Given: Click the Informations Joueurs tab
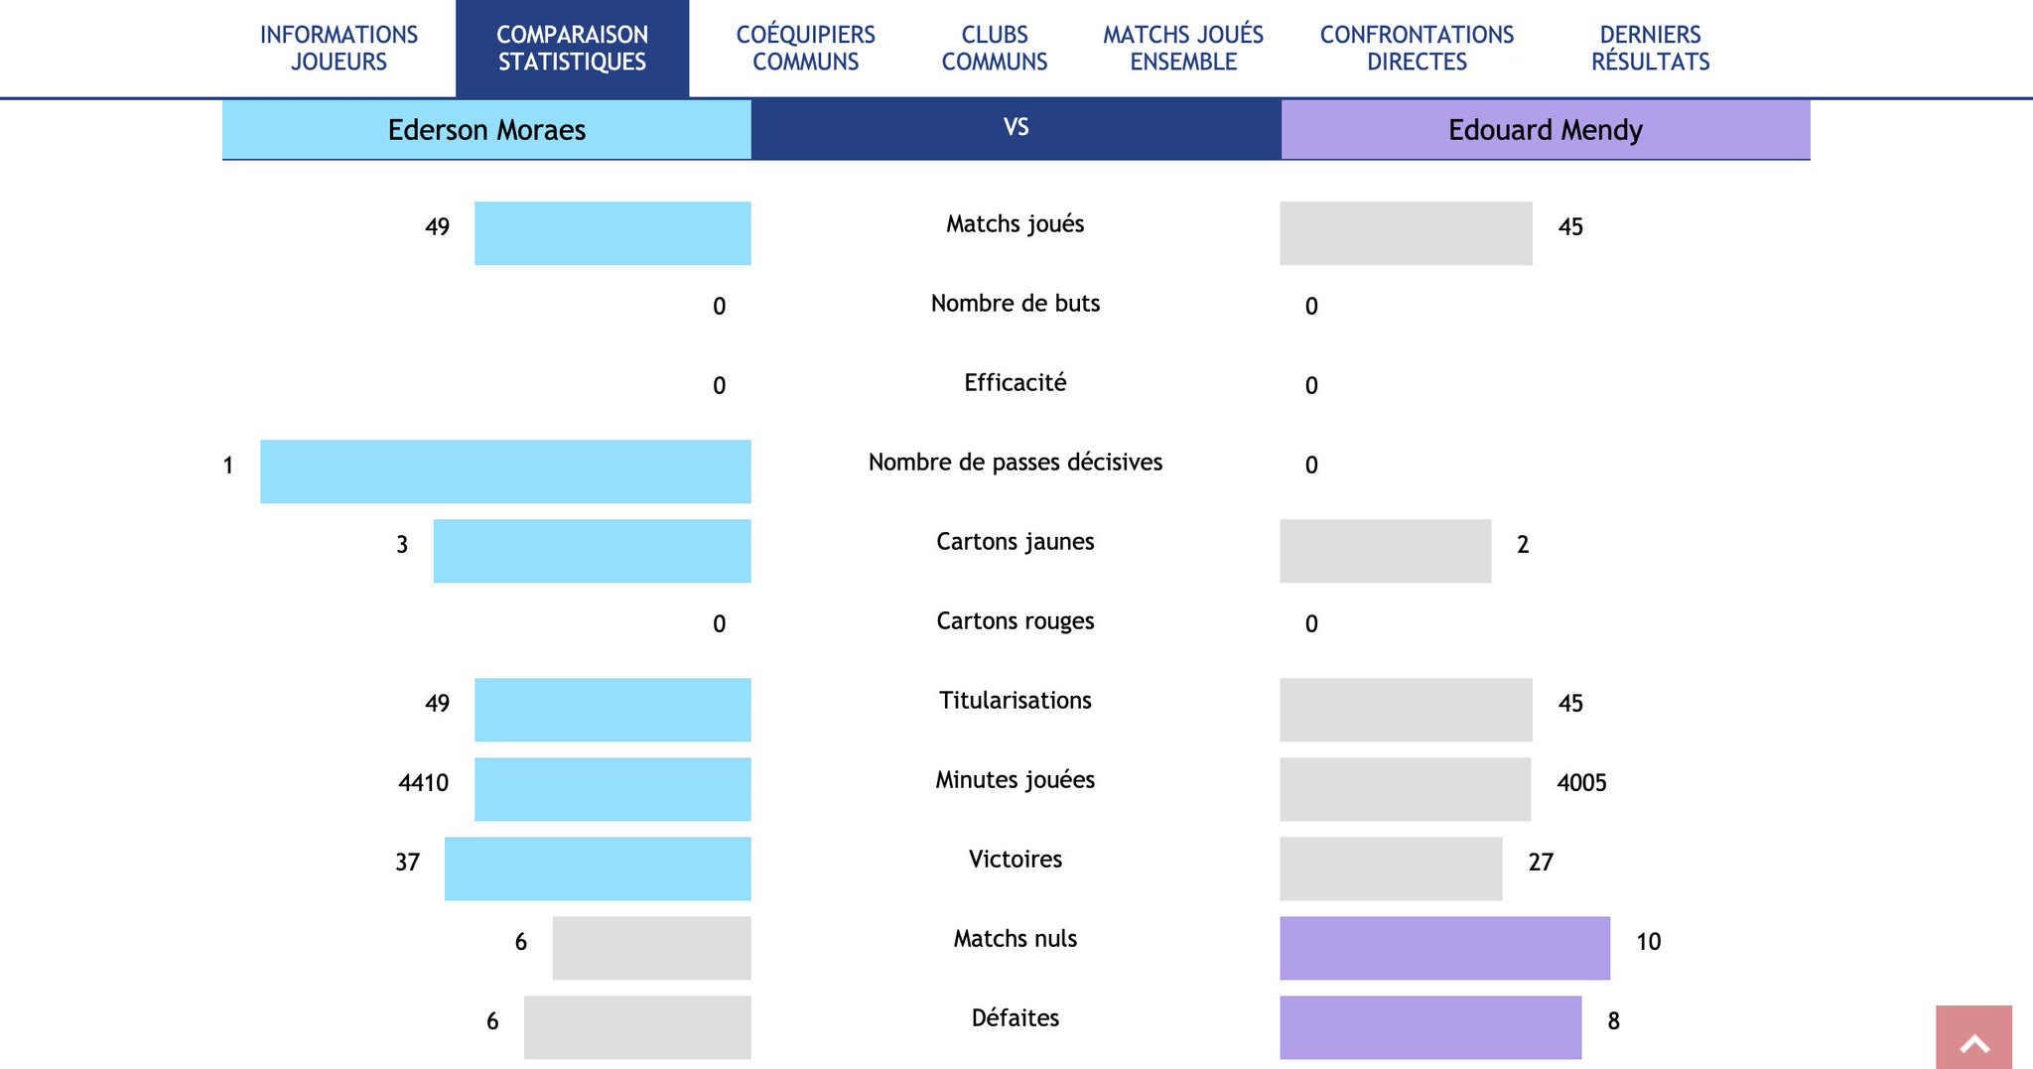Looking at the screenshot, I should (x=339, y=48).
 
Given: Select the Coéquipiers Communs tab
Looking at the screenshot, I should (x=805, y=48).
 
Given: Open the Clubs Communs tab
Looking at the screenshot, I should (x=994, y=48).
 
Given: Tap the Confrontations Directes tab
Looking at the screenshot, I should (x=1417, y=48).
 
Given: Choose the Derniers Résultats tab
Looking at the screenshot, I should (x=1650, y=48).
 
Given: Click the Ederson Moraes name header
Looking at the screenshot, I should (x=486, y=130).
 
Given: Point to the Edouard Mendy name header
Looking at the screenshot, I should (x=1545, y=130).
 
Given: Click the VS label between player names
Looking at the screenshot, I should (x=1016, y=128).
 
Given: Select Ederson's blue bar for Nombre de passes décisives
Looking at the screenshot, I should (x=505, y=471).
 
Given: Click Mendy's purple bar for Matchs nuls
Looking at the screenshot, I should (x=1444, y=948).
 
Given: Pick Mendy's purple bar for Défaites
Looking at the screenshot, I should (x=1430, y=1027).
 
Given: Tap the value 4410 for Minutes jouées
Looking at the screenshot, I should (x=423, y=783).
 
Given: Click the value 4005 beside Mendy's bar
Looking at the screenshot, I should (x=1581, y=783).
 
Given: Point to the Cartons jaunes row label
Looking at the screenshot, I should (x=1015, y=542).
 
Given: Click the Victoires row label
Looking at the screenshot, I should (x=1015, y=860).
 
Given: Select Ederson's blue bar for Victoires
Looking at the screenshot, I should (x=598, y=869).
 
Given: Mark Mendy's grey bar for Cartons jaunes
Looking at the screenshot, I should (x=1385, y=551).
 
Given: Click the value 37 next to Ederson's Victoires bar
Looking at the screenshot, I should (x=407, y=863).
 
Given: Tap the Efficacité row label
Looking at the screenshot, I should (x=1015, y=383).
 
